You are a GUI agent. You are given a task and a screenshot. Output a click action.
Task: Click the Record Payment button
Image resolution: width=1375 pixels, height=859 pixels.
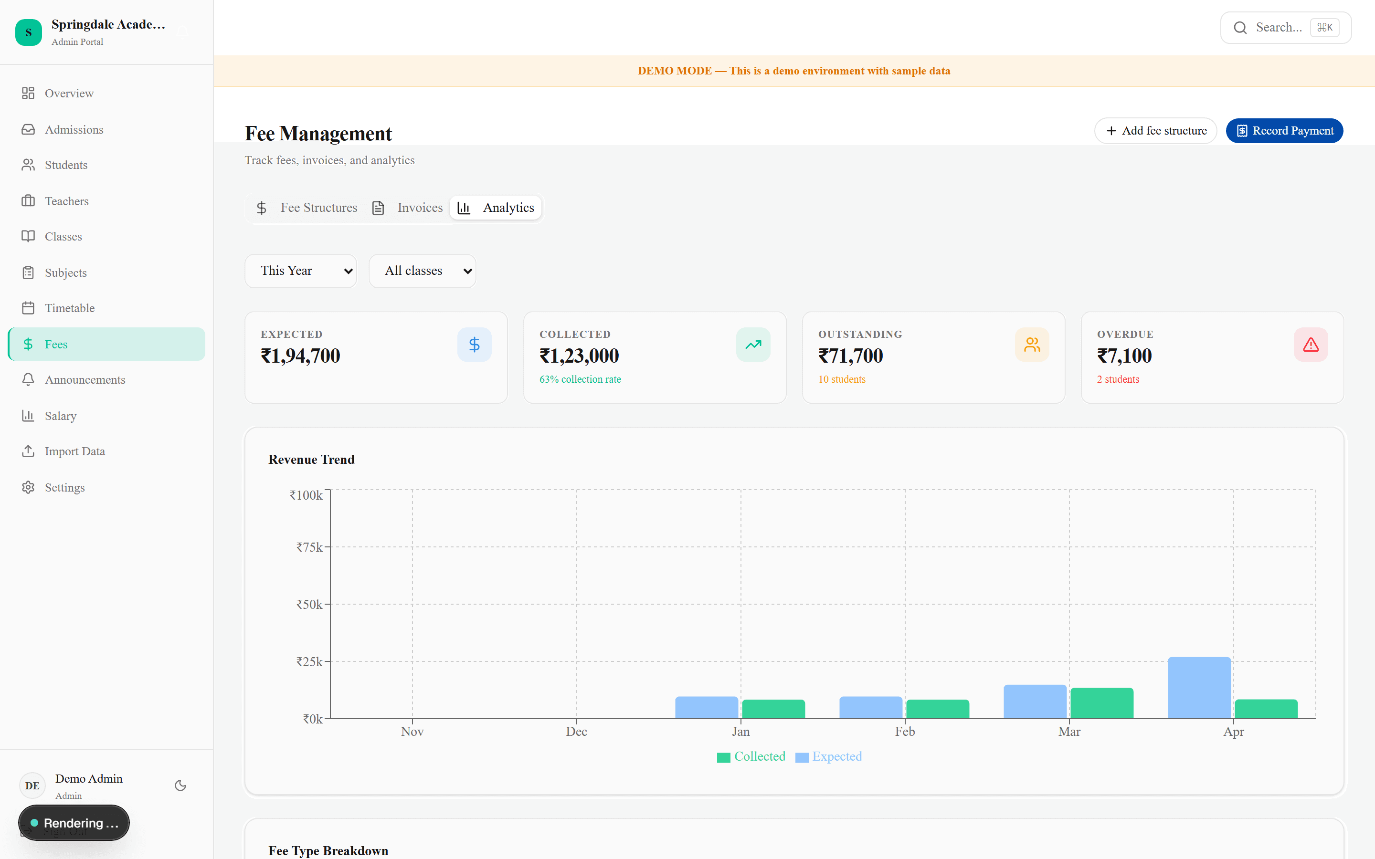[x=1284, y=131]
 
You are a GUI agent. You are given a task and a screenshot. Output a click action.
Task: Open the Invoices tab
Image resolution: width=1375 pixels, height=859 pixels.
[x=407, y=208]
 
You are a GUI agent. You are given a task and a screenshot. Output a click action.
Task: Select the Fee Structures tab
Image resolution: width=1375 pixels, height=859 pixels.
[x=307, y=208]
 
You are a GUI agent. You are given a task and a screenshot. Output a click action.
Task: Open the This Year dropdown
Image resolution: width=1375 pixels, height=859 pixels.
[x=301, y=271]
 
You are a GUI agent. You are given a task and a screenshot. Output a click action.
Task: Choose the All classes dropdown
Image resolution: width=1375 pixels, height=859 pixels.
[x=422, y=271]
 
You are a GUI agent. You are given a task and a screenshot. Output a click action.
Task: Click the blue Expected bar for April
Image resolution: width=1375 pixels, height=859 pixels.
[x=1199, y=687]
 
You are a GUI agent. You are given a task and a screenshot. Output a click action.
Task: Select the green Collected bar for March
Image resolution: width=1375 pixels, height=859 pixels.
[x=1102, y=703]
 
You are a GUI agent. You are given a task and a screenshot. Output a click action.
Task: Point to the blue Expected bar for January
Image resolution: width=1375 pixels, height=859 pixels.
[x=706, y=707]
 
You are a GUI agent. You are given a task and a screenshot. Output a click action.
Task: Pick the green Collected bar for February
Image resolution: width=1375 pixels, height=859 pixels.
[x=938, y=709]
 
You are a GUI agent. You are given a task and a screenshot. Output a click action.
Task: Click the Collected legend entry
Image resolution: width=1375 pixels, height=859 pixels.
[x=751, y=757]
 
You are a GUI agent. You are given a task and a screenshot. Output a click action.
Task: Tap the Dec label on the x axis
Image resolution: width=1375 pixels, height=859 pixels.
[x=576, y=732]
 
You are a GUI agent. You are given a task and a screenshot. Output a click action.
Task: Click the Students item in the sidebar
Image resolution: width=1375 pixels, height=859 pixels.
[x=66, y=165]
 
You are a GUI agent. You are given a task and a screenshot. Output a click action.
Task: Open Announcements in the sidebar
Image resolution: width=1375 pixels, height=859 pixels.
[x=85, y=379]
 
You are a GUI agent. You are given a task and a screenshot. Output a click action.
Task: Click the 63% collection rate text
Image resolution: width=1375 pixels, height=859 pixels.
[x=580, y=379]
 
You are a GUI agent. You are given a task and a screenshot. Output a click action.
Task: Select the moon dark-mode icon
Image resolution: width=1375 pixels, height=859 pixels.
[x=180, y=786]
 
